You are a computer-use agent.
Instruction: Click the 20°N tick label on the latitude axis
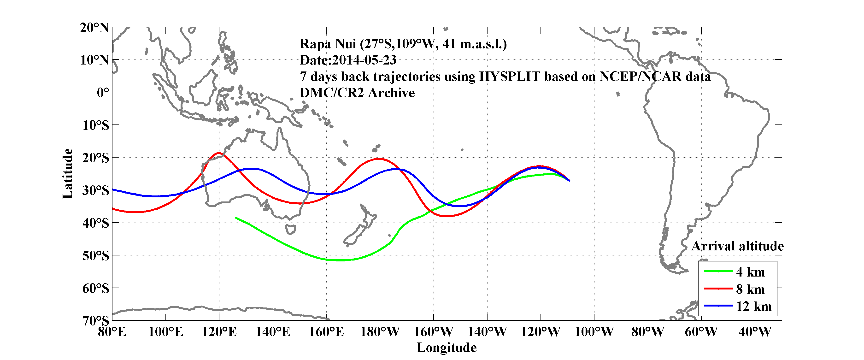(94, 28)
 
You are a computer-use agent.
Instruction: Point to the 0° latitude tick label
(103, 93)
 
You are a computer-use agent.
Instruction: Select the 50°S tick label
(96, 256)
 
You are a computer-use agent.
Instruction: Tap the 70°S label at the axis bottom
(96, 321)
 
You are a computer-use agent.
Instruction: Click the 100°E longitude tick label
(166, 332)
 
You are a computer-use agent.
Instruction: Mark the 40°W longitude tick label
(755, 332)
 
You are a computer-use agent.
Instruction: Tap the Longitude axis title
(447, 348)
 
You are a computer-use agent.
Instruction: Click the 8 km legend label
(750, 289)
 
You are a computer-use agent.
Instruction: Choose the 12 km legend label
(754, 306)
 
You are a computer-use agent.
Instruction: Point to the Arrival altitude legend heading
(737, 246)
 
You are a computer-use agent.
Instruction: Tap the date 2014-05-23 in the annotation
(364, 60)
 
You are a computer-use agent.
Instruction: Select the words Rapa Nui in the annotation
(327, 44)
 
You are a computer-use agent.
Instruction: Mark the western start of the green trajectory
(236, 218)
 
